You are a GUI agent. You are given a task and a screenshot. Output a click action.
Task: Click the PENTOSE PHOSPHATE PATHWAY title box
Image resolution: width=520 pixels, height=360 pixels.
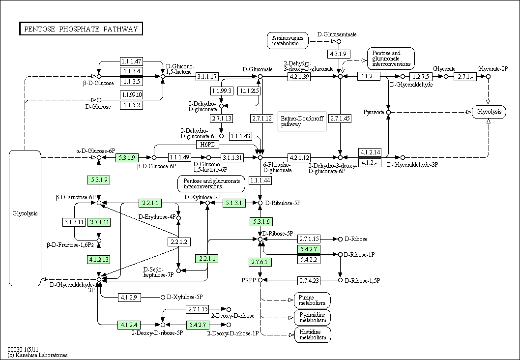click(x=81, y=29)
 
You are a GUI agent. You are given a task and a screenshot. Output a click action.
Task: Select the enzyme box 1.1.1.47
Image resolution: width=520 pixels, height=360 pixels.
click(x=131, y=61)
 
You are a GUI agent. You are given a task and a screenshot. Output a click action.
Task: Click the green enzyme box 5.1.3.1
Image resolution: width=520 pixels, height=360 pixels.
click(x=234, y=203)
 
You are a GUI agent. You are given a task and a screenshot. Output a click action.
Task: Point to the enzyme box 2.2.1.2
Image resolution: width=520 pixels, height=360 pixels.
click(x=179, y=241)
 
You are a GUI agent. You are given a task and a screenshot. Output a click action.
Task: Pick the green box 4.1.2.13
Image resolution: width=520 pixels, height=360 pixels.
click(x=99, y=259)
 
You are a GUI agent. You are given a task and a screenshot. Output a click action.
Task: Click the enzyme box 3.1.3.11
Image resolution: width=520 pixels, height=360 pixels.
click(x=74, y=222)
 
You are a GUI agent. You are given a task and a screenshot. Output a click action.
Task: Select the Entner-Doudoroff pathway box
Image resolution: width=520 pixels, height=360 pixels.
click(x=302, y=121)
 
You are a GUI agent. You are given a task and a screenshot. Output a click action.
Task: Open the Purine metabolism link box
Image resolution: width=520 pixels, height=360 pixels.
click(x=312, y=300)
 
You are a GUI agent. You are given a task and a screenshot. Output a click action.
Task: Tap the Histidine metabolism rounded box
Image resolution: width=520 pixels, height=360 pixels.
click(x=313, y=334)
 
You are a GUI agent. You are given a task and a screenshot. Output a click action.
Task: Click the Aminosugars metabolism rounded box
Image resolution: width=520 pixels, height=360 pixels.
click(x=288, y=40)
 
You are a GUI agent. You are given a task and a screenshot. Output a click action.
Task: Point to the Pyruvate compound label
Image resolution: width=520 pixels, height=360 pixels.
click(x=373, y=112)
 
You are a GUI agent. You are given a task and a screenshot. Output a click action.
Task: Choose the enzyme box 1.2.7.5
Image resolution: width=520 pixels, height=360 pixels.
click(x=421, y=76)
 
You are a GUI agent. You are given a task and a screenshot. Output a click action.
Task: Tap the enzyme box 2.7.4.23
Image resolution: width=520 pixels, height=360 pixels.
click(x=309, y=280)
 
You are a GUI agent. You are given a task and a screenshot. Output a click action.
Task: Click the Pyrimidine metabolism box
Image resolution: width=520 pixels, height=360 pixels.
click(x=313, y=317)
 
